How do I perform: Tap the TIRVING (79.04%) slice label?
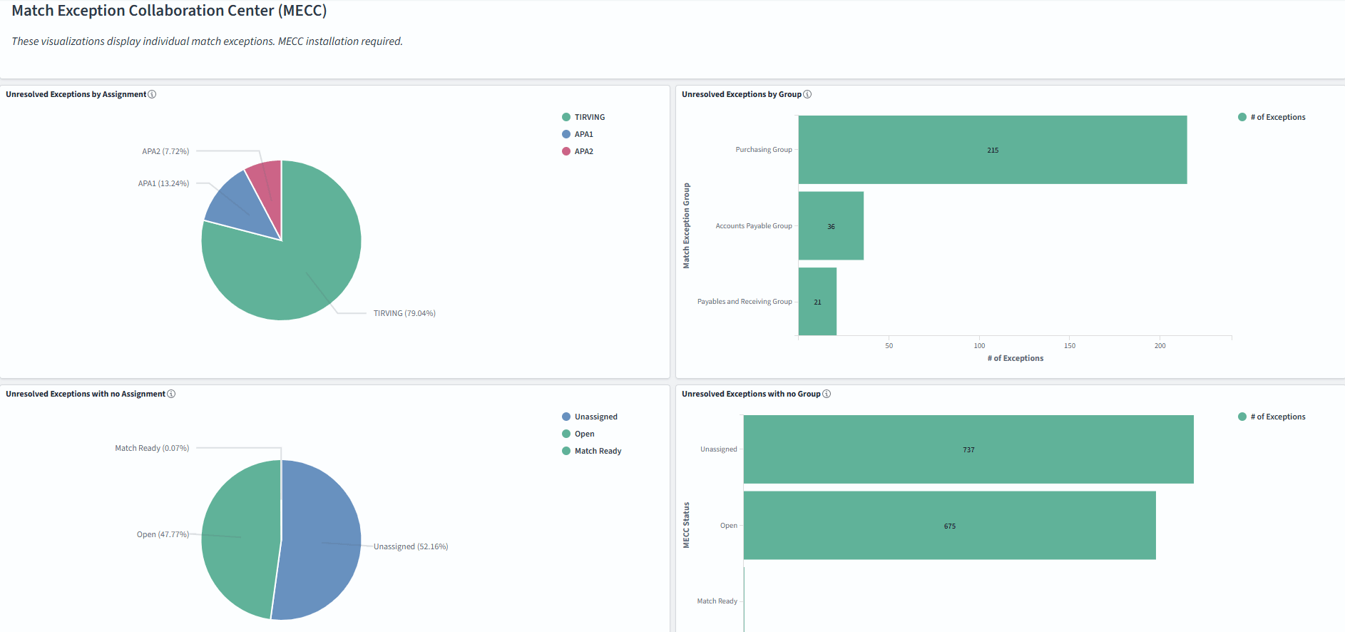click(x=404, y=313)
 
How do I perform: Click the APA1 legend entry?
click(x=583, y=134)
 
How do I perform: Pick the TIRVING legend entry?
click(x=589, y=117)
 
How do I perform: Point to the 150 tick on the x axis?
click(x=1070, y=346)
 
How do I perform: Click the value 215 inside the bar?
click(x=993, y=151)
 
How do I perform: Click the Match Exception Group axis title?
click(x=687, y=225)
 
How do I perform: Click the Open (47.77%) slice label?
click(x=163, y=534)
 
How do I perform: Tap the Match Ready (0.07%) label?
click(x=152, y=448)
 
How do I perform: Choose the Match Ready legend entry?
click(x=598, y=451)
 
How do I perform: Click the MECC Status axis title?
click(x=687, y=525)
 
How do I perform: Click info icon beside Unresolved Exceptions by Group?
click(x=807, y=94)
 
